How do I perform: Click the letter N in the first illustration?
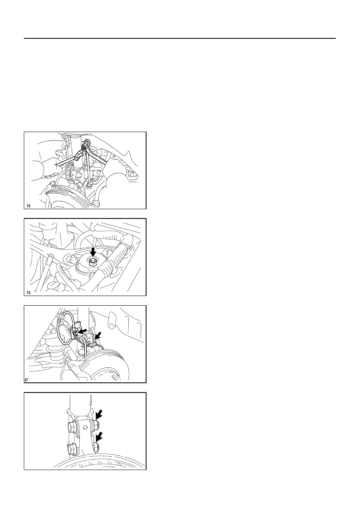[28, 206]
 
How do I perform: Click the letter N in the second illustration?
[28, 293]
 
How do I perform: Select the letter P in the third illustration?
[26, 380]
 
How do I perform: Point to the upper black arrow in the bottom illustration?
[99, 414]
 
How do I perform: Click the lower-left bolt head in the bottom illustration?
[72, 449]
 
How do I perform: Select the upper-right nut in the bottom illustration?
[96, 424]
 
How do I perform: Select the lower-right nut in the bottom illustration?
[96, 447]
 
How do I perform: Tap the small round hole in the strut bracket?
[85, 428]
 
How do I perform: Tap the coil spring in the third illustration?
[56, 355]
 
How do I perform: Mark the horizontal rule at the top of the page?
[180, 38]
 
